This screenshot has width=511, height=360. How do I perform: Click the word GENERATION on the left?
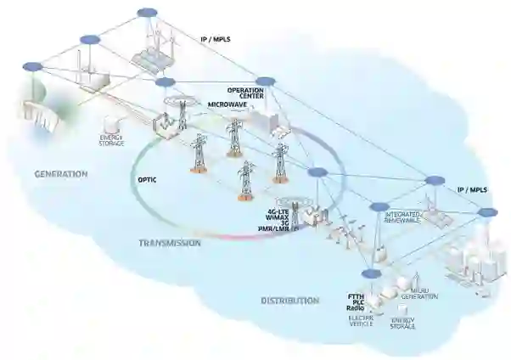pyautogui.click(x=61, y=174)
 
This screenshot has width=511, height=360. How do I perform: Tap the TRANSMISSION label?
pyautogui.click(x=170, y=243)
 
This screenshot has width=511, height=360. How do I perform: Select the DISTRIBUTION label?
pyautogui.click(x=289, y=300)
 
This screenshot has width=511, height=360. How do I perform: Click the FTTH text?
pyautogui.click(x=356, y=295)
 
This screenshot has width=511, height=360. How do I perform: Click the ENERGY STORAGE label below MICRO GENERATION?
pyautogui.click(x=402, y=323)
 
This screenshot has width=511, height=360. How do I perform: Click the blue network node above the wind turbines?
pyautogui.click(x=148, y=13)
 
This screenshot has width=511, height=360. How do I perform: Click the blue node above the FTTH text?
pyautogui.click(x=369, y=273)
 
